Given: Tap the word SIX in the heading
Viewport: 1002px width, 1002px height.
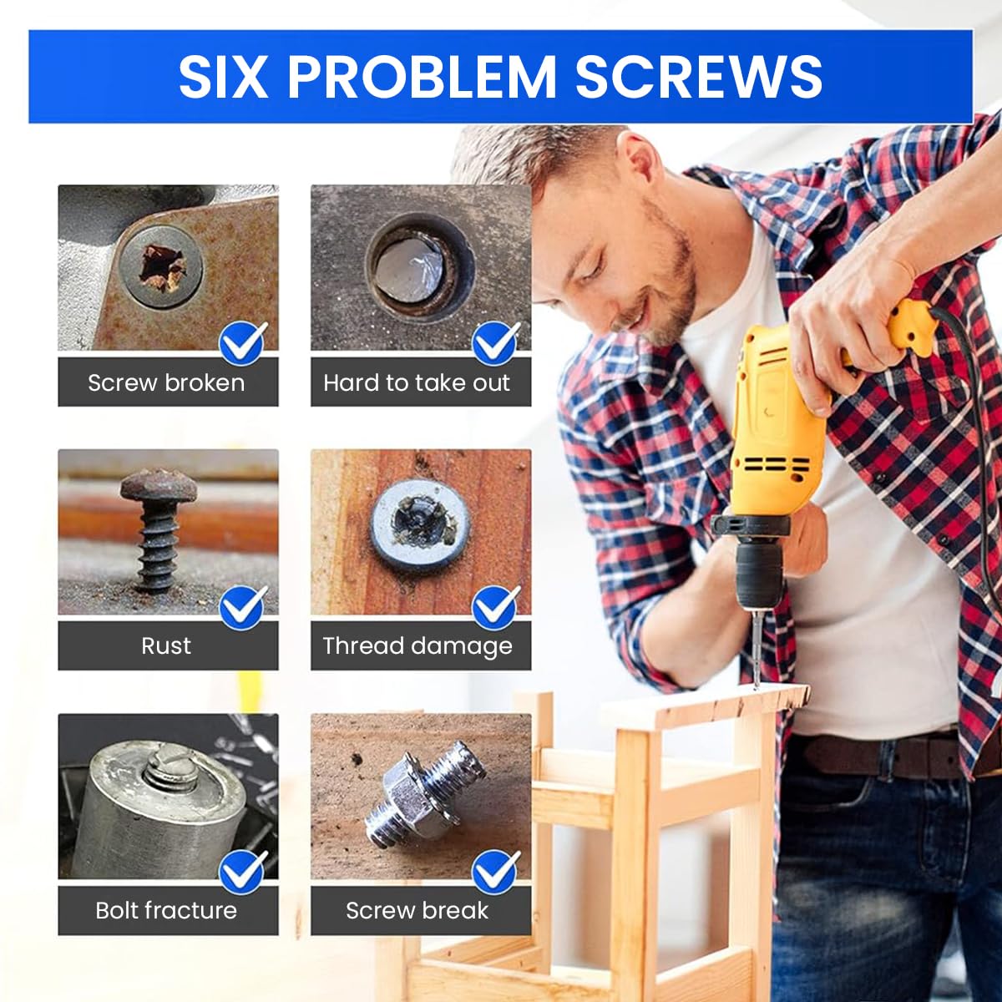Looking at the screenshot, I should [222, 77].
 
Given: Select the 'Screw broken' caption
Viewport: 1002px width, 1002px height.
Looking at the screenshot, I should [166, 383].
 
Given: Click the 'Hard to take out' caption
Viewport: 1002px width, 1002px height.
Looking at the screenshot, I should [417, 383].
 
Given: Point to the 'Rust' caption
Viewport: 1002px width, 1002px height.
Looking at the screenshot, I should [166, 645].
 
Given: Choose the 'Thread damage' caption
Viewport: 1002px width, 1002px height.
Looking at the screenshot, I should [417, 645].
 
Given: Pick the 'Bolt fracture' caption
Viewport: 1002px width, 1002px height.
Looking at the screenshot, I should [166, 910].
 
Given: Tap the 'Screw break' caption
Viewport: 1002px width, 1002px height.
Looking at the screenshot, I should [417, 910].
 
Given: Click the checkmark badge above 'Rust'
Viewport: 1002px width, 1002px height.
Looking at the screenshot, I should [243, 607].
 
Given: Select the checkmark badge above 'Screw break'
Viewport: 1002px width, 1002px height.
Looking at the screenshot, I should [495, 871].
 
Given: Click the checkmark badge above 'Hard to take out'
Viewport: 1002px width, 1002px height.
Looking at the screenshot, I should [495, 342].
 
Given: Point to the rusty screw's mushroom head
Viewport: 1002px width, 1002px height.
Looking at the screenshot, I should [158, 485].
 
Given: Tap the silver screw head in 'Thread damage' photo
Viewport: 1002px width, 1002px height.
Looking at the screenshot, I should [420, 523].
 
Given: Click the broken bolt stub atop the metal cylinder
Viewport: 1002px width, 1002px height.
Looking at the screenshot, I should [171, 769].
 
